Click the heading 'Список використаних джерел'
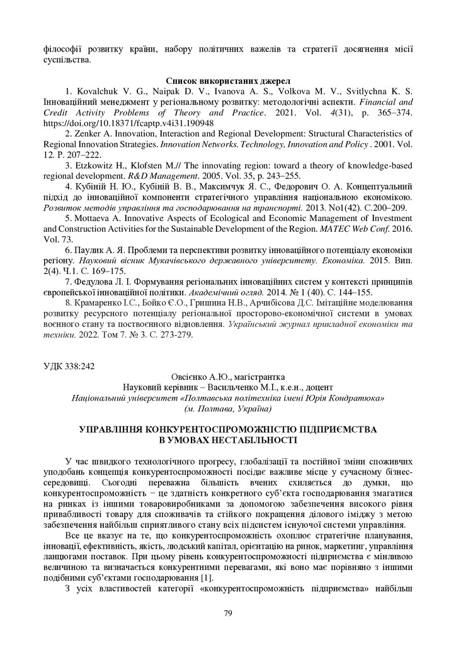(227, 81)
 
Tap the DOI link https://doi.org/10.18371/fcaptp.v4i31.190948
(128, 123)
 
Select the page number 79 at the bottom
(228, 613)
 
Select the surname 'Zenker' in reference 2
(89, 134)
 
